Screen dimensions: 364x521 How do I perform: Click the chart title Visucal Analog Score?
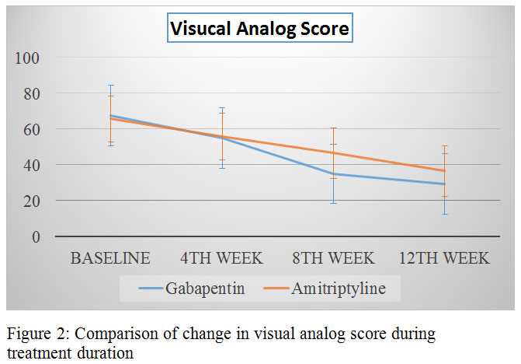(260, 30)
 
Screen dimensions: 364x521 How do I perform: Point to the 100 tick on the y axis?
(29, 58)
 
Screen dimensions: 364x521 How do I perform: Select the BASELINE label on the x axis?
(110, 258)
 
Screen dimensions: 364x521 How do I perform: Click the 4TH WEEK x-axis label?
(222, 258)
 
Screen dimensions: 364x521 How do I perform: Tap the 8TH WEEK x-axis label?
(333, 258)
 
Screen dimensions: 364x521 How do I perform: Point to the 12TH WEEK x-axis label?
(444, 258)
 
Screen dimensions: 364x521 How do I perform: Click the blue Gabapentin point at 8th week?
(333, 174)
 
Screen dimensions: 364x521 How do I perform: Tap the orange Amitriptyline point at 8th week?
(333, 152)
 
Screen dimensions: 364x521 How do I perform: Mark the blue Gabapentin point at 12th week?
(444, 184)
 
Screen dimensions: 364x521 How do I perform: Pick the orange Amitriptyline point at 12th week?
(444, 170)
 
